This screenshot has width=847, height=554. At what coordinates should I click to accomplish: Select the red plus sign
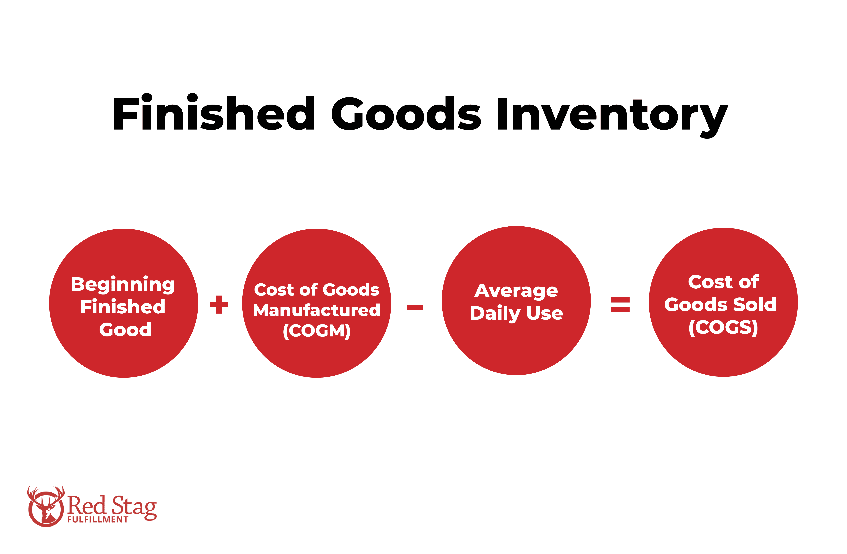point(219,305)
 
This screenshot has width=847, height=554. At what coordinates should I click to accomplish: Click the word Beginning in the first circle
point(123,285)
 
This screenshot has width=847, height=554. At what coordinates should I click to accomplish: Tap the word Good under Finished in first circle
point(125,330)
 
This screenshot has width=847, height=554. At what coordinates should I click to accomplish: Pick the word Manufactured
point(316,310)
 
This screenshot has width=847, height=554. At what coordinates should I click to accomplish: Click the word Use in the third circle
point(544,313)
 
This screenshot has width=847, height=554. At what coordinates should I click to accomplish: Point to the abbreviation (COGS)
point(723,327)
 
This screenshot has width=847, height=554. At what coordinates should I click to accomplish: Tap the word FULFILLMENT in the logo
point(97,519)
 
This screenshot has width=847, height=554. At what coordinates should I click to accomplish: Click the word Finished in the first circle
point(123,307)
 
